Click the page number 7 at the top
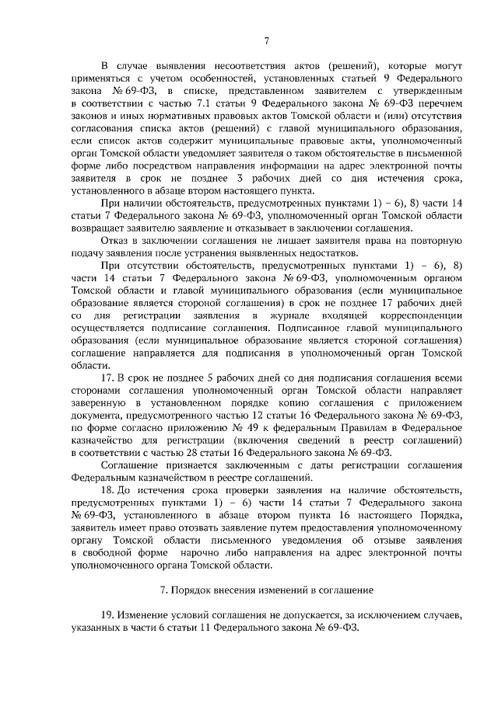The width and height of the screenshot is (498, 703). pyautogui.click(x=265, y=41)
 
